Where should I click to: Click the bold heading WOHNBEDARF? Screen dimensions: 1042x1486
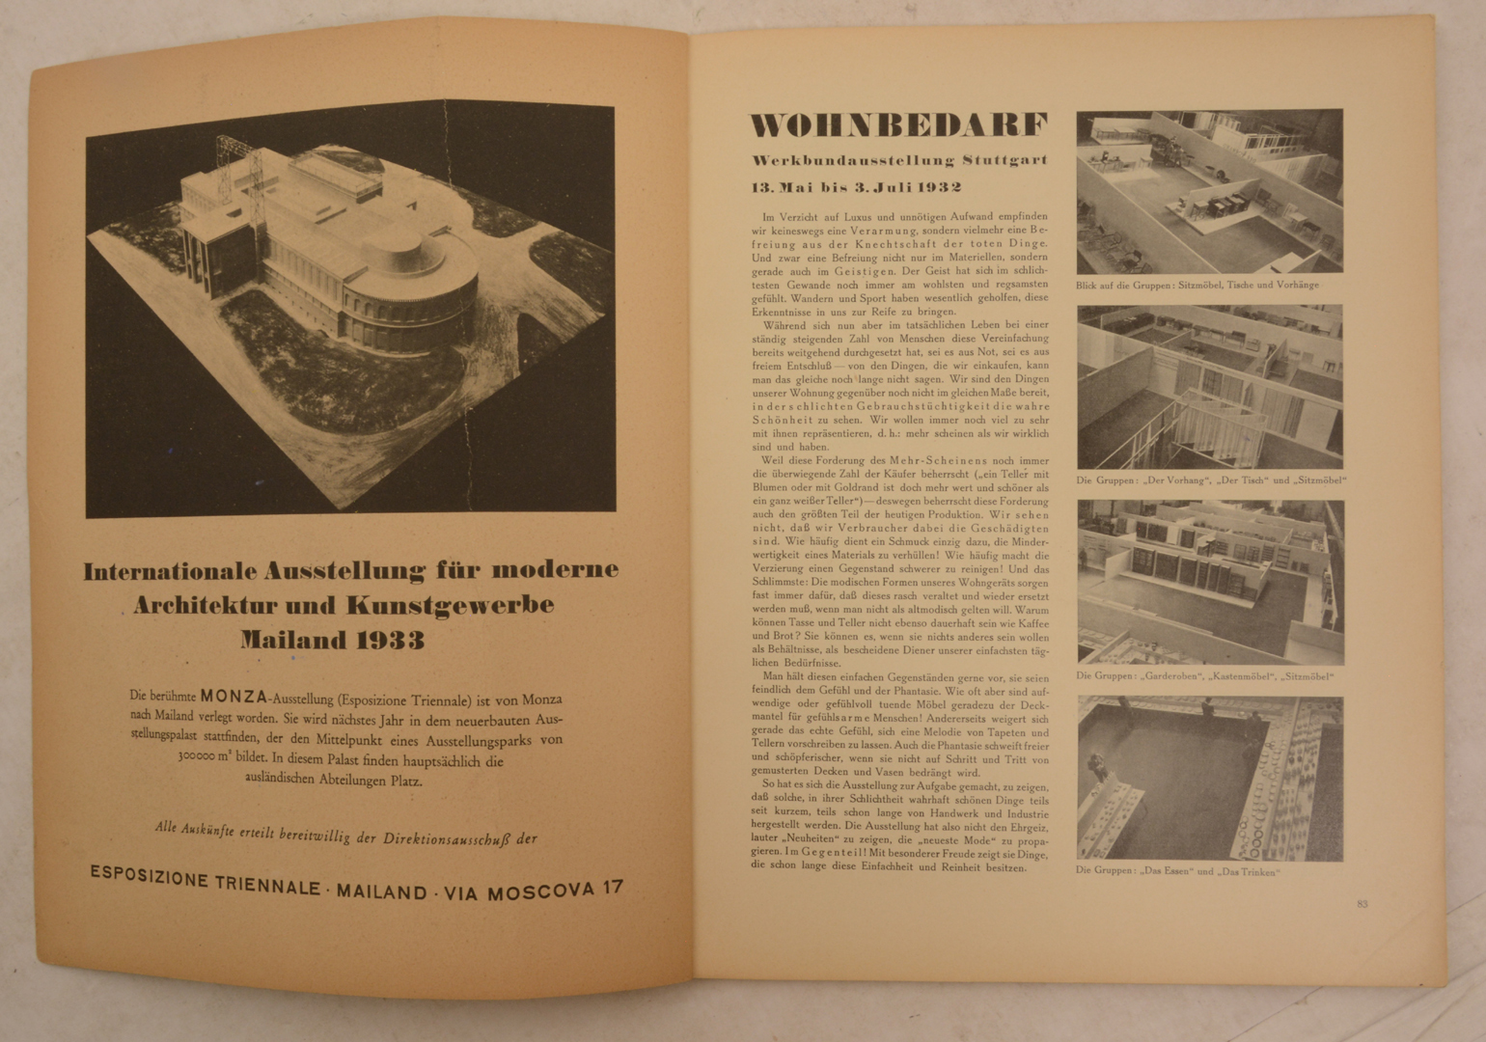click(898, 125)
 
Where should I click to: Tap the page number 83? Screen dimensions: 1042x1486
click(1362, 904)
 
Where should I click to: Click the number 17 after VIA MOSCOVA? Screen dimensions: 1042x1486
click(612, 888)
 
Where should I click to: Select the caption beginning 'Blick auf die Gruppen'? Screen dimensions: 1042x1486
click(1197, 286)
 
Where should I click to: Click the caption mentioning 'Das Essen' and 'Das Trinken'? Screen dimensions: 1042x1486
click(1177, 871)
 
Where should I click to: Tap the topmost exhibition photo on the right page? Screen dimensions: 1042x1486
click(1209, 191)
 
